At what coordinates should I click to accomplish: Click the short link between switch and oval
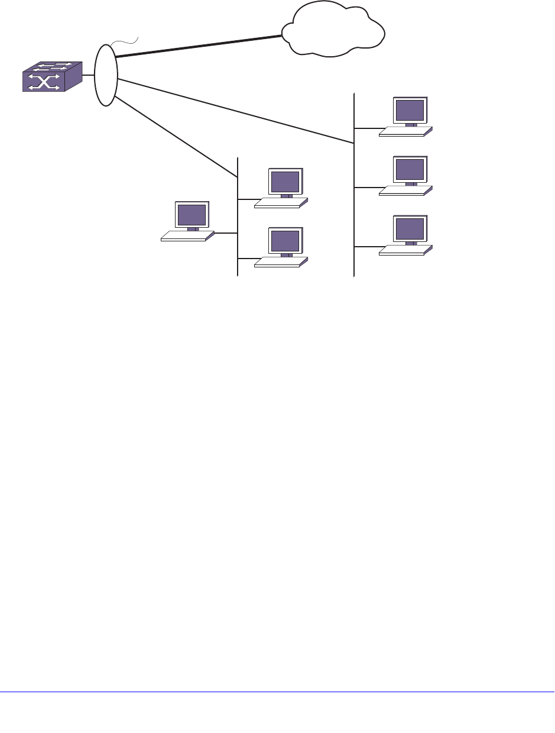(x=88, y=75)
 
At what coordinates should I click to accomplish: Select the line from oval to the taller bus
(x=236, y=111)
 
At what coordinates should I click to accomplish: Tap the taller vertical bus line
(x=353, y=207)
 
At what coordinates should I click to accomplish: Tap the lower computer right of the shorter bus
(x=283, y=246)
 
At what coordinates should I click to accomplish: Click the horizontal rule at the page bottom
(x=277, y=692)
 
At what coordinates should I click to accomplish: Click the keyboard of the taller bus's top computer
(x=404, y=131)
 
